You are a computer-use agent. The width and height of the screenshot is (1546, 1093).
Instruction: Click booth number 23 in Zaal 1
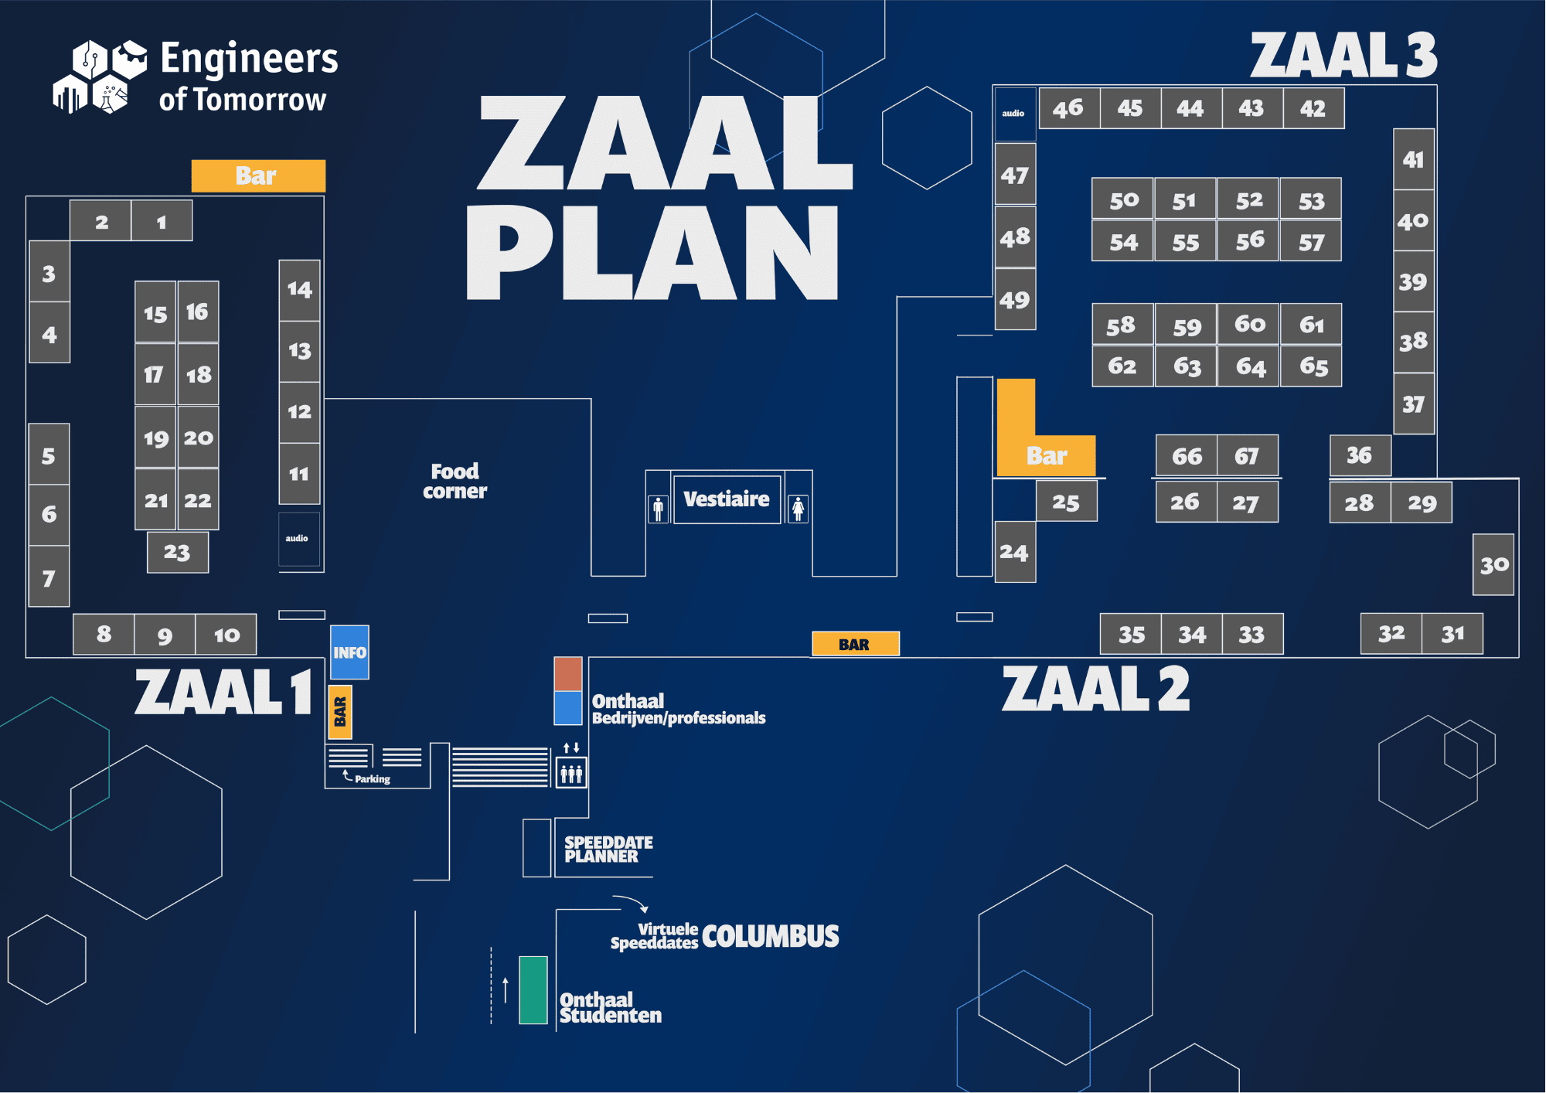177,552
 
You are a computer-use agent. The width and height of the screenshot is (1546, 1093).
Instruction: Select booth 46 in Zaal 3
1068,108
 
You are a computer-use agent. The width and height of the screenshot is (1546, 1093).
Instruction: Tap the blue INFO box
349,652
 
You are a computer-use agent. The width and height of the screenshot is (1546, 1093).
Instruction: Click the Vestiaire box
727,499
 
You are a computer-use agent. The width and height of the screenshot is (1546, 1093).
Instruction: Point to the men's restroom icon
658,509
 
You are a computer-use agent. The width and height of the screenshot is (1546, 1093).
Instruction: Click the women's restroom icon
798,509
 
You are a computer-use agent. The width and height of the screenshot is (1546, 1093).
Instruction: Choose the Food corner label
455,481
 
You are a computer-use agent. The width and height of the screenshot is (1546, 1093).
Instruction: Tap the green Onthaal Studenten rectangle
533,989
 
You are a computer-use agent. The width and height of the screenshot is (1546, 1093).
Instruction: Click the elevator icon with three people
571,772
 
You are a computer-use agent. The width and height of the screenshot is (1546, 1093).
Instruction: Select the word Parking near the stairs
372,779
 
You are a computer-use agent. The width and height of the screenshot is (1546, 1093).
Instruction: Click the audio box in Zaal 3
1013,114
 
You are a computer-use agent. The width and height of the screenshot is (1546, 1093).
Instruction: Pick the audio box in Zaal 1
298,539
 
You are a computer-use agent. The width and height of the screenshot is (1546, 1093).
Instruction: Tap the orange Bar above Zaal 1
257,176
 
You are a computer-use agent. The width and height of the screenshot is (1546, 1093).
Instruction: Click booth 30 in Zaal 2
1493,565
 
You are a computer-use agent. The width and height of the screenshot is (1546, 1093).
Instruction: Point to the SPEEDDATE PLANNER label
608,849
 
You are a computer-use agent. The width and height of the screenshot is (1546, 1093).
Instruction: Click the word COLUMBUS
770,936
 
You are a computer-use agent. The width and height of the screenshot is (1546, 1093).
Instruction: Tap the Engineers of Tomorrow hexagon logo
100,77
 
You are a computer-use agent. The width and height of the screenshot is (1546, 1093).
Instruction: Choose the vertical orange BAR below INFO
340,712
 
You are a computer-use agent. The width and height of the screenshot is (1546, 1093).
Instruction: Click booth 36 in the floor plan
1359,455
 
